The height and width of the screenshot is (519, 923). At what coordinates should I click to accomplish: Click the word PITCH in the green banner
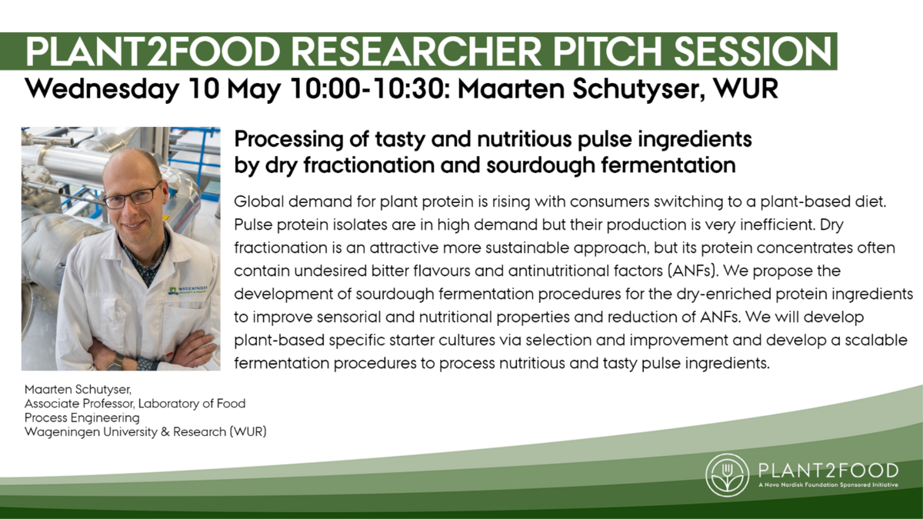[608, 52]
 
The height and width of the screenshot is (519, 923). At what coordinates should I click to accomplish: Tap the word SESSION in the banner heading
[753, 52]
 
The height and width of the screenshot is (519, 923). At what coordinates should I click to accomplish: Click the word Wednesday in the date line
[102, 89]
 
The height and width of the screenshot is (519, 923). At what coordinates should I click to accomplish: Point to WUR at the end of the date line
[745, 88]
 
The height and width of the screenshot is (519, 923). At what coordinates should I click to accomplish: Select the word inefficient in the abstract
[778, 225]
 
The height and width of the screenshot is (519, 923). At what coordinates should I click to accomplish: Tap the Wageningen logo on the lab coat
[188, 290]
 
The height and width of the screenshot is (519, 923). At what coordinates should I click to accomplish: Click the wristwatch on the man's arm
[116, 362]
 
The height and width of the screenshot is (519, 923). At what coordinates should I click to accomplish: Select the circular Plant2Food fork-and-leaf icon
[728, 475]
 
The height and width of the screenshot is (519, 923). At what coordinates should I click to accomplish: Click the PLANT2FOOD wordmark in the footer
[828, 470]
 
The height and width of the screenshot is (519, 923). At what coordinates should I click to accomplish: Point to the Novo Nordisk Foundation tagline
[828, 485]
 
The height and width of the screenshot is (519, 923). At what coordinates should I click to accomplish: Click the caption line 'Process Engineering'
[82, 418]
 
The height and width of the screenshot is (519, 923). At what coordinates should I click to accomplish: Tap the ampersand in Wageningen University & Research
[165, 432]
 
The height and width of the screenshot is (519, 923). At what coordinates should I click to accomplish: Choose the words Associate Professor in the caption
[79, 403]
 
